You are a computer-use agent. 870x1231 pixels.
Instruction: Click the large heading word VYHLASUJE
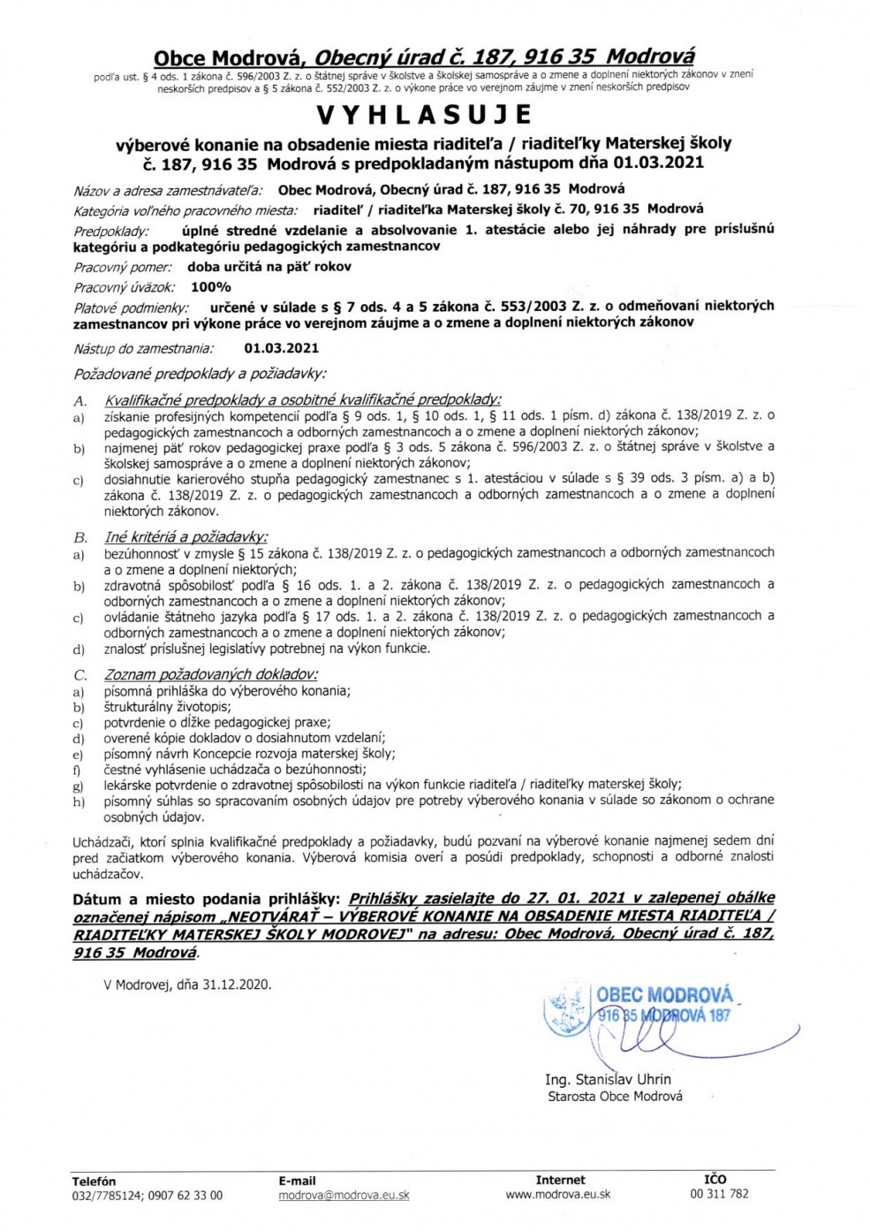(424, 115)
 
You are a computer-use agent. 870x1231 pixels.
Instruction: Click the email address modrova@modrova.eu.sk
(344, 1195)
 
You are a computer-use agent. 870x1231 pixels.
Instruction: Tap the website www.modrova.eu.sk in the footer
(558, 1194)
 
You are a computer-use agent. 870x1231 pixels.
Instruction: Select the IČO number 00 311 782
(719, 1194)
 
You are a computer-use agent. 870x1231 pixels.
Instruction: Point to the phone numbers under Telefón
(148, 1196)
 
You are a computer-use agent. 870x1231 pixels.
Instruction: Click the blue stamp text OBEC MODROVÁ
(664, 995)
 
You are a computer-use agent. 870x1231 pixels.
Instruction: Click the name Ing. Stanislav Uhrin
(608, 1079)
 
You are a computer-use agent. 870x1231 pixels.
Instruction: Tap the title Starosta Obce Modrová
(615, 1097)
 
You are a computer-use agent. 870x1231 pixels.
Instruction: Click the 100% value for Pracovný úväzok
(210, 287)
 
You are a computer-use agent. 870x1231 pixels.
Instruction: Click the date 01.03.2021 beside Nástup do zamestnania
(282, 349)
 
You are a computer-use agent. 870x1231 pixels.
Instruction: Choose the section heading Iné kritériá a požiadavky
(185, 536)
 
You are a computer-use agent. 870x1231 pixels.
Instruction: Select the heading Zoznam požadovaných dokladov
(211, 675)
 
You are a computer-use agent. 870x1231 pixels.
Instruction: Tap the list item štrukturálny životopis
(168, 707)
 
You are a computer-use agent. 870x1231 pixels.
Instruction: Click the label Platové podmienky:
(131, 308)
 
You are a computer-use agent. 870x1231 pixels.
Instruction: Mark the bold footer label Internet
(560, 1180)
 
